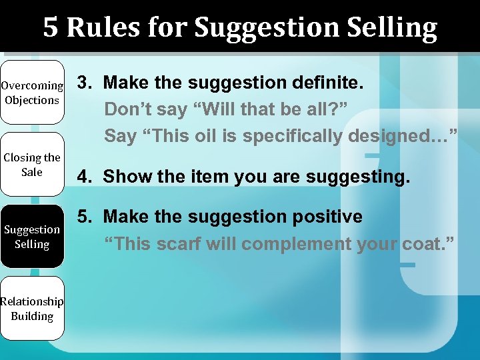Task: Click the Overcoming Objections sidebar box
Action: click(x=32, y=93)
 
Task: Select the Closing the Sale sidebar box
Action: click(x=32, y=165)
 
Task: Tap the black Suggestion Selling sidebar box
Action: click(x=32, y=237)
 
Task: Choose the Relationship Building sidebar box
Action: click(x=32, y=309)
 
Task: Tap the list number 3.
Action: click(x=84, y=83)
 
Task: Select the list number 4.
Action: click(x=84, y=177)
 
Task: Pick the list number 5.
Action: click(x=84, y=217)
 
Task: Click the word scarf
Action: click(x=179, y=243)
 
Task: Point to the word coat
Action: click(x=423, y=243)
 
